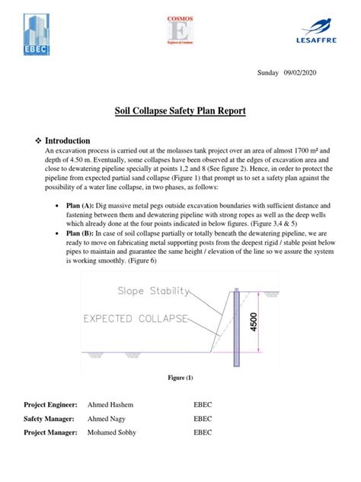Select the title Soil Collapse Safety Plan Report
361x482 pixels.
(180, 111)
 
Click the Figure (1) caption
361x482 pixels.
(180, 378)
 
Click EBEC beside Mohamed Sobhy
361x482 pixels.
(204, 433)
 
